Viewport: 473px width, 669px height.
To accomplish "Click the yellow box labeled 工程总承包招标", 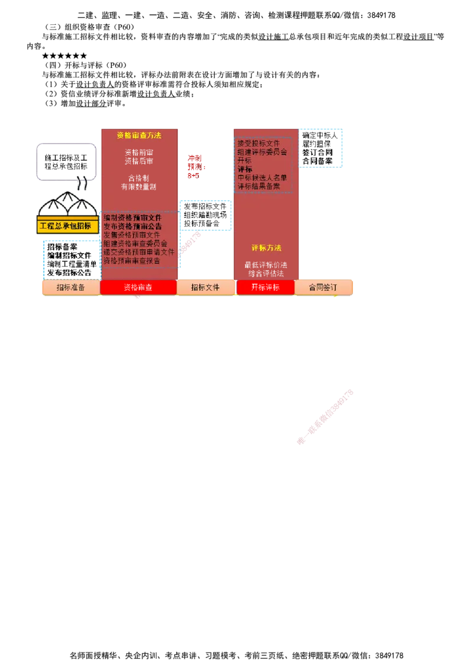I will [x=68, y=226].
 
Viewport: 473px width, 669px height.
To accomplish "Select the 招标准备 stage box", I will [x=70, y=287].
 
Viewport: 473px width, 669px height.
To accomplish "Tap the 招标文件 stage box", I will [x=205, y=287].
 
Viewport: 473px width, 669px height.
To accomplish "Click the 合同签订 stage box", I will [x=323, y=287].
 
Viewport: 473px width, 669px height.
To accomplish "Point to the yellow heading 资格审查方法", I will [x=139, y=135].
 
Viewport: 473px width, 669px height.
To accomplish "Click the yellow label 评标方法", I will [x=266, y=248].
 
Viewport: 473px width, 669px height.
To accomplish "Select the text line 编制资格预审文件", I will [x=132, y=218].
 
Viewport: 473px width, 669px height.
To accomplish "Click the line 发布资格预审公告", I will [x=132, y=226].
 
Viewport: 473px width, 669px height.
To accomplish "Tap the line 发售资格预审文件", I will [x=131, y=235].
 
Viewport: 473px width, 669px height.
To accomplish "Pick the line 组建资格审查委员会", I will [x=135, y=243].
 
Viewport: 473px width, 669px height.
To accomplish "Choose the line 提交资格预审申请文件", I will [x=139, y=252].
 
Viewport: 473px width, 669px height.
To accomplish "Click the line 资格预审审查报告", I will [x=131, y=260].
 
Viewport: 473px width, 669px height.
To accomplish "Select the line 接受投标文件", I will [x=258, y=144].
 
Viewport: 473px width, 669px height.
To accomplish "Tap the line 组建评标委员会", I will [x=262, y=152].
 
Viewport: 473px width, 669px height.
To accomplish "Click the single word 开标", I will [x=244, y=160].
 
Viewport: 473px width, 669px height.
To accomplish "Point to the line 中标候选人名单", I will [x=262, y=177].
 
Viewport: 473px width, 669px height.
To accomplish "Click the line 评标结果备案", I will [x=258, y=186].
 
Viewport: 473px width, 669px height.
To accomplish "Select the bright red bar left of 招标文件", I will [x=138, y=287].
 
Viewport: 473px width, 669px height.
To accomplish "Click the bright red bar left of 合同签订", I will [x=265, y=287].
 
